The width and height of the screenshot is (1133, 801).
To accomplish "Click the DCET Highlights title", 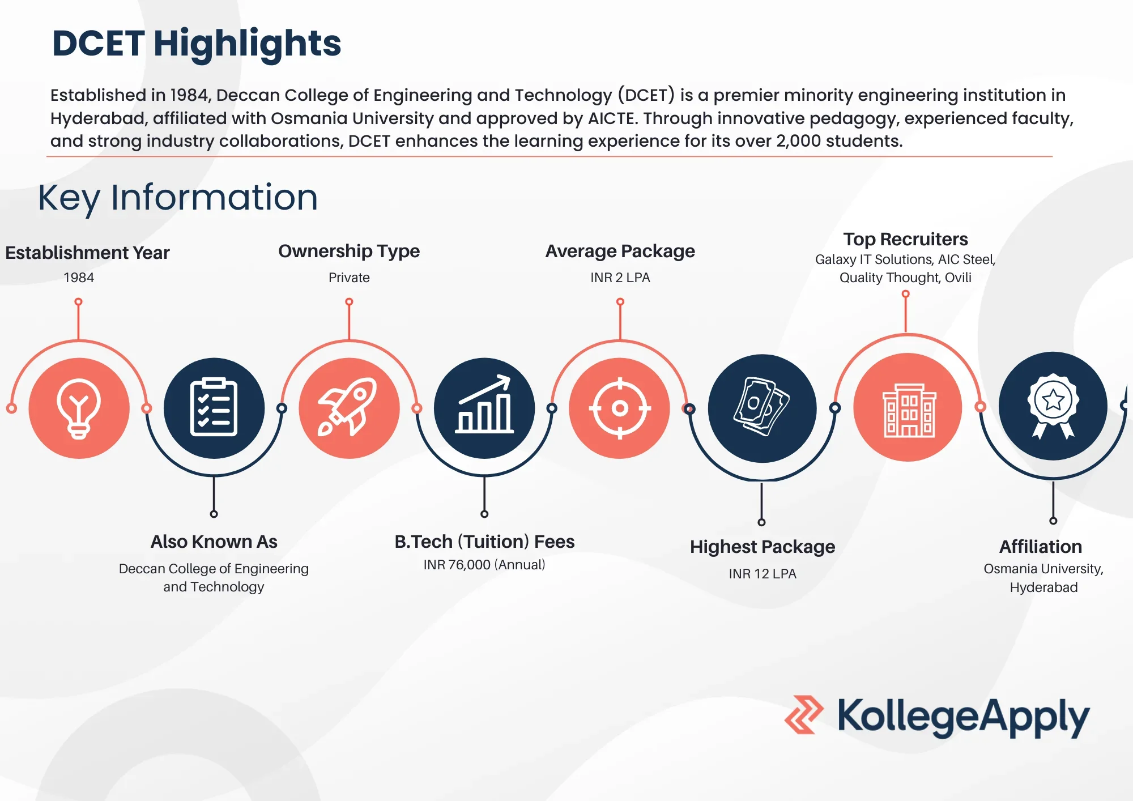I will coord(197,44).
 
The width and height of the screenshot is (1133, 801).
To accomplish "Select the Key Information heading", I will coord(178,198).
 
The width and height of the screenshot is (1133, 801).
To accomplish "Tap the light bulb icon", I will coord(79,408).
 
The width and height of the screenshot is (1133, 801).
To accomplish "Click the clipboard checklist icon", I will coord(214,408).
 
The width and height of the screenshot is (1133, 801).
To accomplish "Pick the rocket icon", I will coord(349,408).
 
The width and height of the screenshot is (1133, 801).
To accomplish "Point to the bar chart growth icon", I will coord(484,408).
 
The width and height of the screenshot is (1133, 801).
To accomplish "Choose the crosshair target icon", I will coord(620,408).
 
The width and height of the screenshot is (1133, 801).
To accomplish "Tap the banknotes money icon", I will coord(762,408).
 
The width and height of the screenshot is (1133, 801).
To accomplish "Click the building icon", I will coord(908,408).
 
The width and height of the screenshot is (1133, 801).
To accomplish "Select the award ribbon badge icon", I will coord(1053,406).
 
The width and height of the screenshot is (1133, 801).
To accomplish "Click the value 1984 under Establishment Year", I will coord(79,278).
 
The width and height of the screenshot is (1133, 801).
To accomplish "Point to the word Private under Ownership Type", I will coord(349,278).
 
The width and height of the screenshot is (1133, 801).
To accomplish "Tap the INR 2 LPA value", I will coord(620,278).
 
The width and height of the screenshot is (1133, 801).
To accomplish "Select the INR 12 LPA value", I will coord(763,574).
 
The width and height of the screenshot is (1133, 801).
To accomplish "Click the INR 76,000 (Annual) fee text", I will coord(484,565).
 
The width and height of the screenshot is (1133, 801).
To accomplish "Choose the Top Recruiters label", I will coord(905,239).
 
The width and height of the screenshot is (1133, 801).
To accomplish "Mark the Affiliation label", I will coord(1041,547).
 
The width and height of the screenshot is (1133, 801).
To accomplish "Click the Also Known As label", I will coord(214,542).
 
